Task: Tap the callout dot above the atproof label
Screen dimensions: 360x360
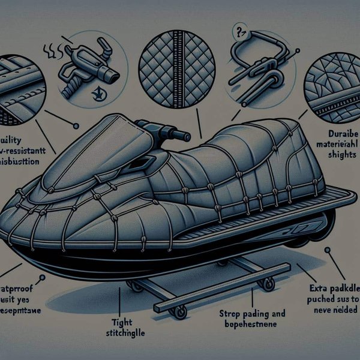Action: pos(42,278)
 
